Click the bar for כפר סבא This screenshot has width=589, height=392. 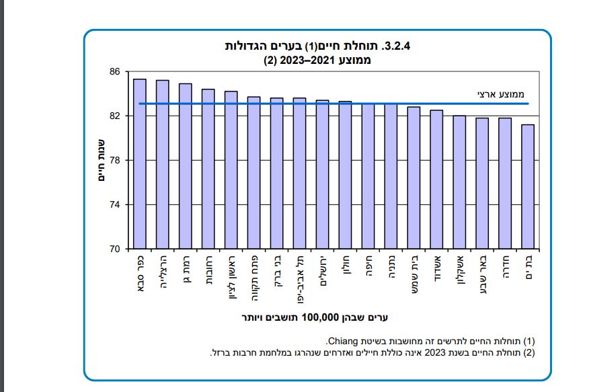[140, 164]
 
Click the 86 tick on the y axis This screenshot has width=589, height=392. [114, 72]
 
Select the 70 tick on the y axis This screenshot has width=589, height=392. [114, 249]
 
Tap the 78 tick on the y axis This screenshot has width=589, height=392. [114, 161]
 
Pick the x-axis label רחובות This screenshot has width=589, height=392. [208, 271]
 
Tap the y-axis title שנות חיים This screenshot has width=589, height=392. [100, 160]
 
